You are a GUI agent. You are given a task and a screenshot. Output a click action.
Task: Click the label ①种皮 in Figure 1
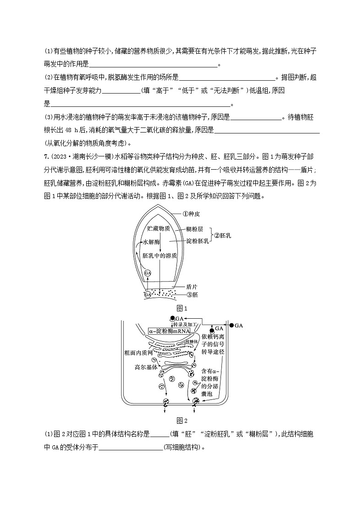tap(189, 213)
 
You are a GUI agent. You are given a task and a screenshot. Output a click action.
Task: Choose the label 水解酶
tap(151, 242)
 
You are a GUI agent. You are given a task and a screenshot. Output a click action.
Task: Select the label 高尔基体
tap(146, 367)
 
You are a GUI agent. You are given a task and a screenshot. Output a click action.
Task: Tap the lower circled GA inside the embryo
tap(148, 295)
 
